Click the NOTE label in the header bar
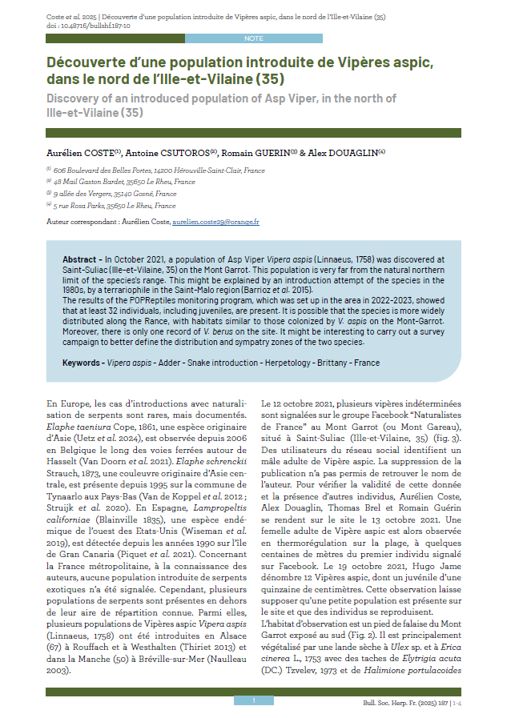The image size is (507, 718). (253, 38)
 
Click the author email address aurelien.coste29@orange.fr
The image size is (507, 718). (215, 221)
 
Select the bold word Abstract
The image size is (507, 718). (81, 259)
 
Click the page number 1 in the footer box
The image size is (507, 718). (253, 700)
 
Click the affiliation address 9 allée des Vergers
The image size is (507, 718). (91, 194)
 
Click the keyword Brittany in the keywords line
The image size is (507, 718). (328, 363)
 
